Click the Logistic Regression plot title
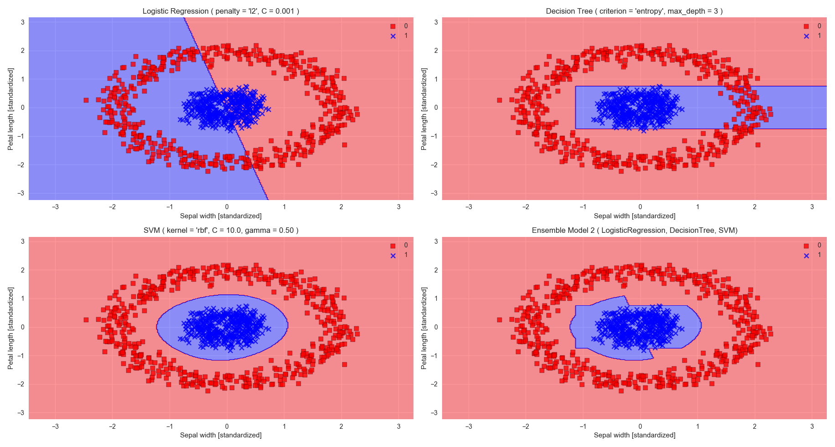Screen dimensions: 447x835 221,11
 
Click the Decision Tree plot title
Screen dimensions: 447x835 634,11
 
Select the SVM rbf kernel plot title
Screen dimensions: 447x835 221,230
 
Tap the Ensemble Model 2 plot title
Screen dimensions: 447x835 634,230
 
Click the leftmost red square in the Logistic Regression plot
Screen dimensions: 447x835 86,100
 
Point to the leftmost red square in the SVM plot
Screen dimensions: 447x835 86,320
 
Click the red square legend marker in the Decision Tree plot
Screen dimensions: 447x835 806,26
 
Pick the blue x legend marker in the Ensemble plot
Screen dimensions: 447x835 806,256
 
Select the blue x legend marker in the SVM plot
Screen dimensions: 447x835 393,256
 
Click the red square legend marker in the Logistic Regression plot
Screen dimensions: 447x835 393,26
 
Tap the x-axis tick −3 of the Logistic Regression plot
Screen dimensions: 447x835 55,207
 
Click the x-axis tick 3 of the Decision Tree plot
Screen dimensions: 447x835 812,207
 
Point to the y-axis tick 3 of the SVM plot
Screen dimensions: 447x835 22,241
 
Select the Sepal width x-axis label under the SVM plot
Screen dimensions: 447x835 221,435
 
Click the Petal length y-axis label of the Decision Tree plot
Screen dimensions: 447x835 424,109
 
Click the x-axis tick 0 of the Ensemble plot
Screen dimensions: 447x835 640,426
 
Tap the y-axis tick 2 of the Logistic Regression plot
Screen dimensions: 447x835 22,51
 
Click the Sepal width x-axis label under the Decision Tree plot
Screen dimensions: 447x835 634,216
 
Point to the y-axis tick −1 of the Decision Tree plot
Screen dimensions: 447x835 434,136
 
